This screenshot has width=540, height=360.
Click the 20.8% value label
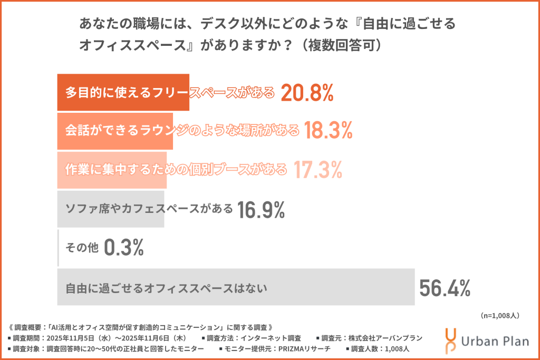click(x=307, y=93)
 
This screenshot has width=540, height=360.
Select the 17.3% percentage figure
click(x=318, y=170)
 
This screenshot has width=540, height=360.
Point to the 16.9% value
click(x=261, y=209)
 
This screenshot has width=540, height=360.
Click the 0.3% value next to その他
click(x=124, y=248)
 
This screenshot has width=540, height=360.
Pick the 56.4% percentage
click(x=445, y=288)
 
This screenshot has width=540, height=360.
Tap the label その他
click(x=81, y=248)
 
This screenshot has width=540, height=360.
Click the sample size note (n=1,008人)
click(x=501, y=316)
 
